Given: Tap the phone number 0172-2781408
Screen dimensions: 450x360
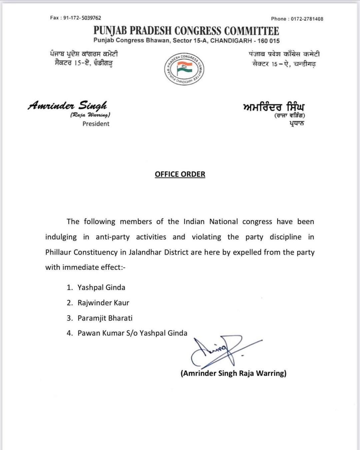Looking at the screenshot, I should [307, 19].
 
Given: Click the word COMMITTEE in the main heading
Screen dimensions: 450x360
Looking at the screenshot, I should [251, 31].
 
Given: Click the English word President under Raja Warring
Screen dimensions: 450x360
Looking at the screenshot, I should [96, 124].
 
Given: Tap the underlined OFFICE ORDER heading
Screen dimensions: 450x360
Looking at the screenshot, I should [180, 174].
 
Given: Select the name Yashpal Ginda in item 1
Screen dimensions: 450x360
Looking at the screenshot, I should [101, 287].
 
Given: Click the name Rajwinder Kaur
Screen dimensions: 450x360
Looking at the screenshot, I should [103, 303].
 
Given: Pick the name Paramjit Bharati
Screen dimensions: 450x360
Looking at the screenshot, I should [105, 318].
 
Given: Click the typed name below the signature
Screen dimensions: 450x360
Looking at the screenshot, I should [233, 373].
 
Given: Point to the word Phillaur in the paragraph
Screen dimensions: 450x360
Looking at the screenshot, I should [58, 252].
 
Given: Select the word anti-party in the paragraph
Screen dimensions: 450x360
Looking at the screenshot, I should [112, 237].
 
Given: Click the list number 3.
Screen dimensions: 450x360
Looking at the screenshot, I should [69, 318].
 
